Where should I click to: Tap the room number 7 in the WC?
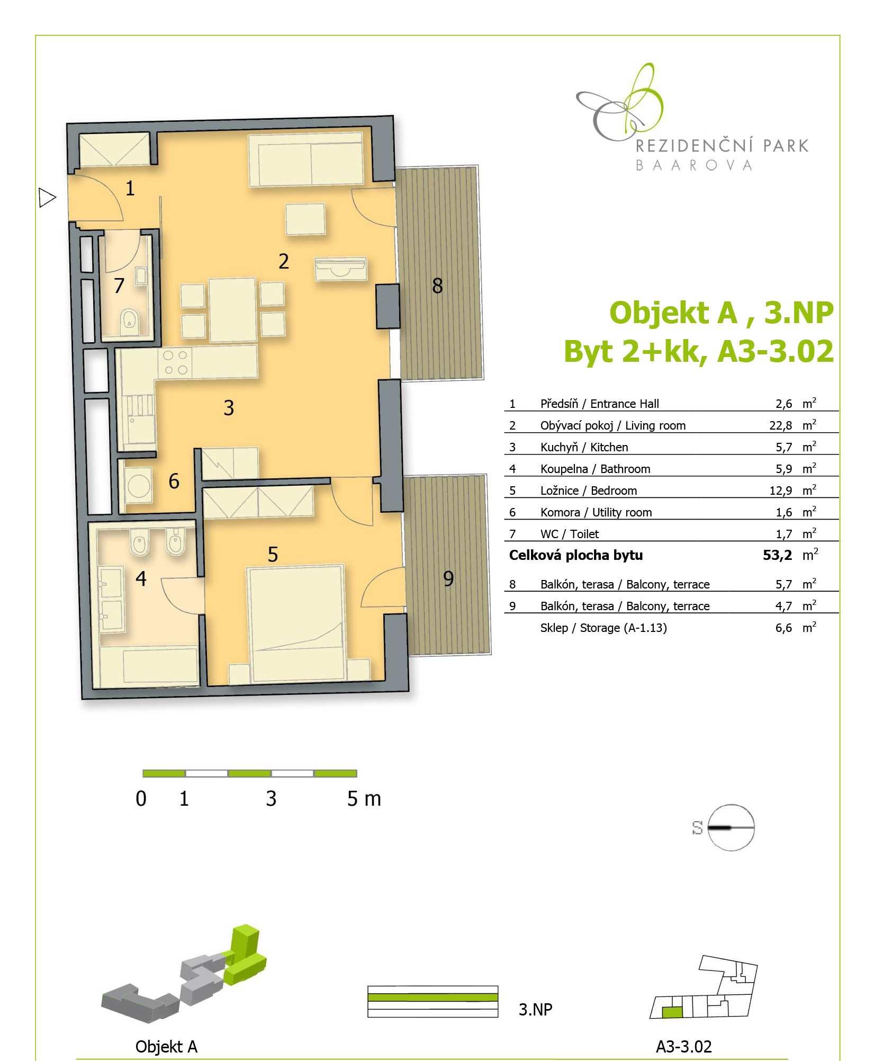120,286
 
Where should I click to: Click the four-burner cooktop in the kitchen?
175,363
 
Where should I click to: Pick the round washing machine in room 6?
139,485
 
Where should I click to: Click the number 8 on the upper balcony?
437,286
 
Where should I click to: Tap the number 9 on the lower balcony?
448,578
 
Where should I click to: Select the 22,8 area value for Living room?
781,425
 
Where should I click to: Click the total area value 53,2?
778,555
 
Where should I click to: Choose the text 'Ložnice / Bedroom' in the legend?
589,491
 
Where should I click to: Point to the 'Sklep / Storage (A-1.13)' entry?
603,628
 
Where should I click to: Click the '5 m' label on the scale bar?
364,798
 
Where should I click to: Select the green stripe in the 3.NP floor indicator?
433,997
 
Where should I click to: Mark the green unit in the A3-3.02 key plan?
673,1012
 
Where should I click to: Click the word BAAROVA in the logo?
693,165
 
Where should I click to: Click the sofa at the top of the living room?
305,159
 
